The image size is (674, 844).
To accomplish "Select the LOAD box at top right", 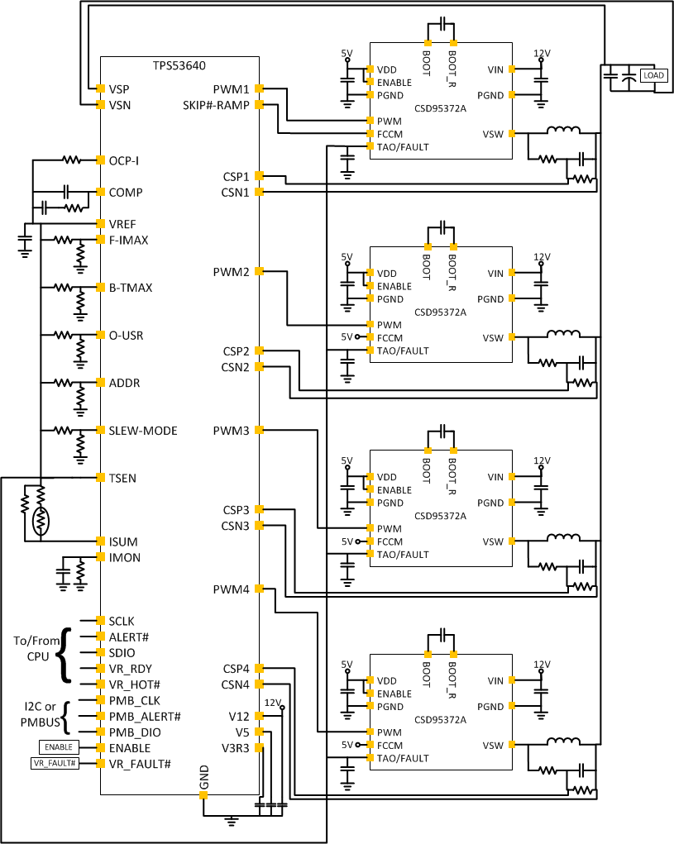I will (653, 75).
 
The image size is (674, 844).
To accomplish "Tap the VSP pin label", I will (119, 88).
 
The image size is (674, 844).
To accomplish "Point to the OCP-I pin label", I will (124, 160).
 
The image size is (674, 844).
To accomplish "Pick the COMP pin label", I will (126, 192).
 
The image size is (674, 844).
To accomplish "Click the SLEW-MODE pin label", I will (143, 431).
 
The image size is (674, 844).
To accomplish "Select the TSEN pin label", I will (122, 478).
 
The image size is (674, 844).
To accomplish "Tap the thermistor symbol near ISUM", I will (40, 521).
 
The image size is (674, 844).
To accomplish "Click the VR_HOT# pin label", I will (134, 684).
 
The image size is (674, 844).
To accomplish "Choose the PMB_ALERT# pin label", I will (145, 716).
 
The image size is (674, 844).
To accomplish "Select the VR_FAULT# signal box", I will (54, 763).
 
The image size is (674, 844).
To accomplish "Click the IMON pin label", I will (124, 558).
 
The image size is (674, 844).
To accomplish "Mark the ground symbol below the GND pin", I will (232, 820).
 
